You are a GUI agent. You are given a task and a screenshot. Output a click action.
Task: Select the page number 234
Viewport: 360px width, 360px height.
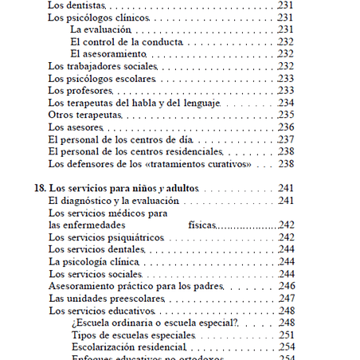pos(286,103)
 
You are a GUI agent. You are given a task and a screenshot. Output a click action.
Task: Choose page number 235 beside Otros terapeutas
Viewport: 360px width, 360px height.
pos(286,115)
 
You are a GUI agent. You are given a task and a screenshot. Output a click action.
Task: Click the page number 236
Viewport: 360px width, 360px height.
pos(286,127)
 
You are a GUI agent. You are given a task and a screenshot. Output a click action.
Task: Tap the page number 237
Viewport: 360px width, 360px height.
pos(286,139)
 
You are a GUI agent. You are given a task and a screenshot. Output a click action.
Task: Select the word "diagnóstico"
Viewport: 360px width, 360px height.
pos(91,201)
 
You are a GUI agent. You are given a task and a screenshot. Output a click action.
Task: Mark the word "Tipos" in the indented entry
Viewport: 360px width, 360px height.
pos(84,335)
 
